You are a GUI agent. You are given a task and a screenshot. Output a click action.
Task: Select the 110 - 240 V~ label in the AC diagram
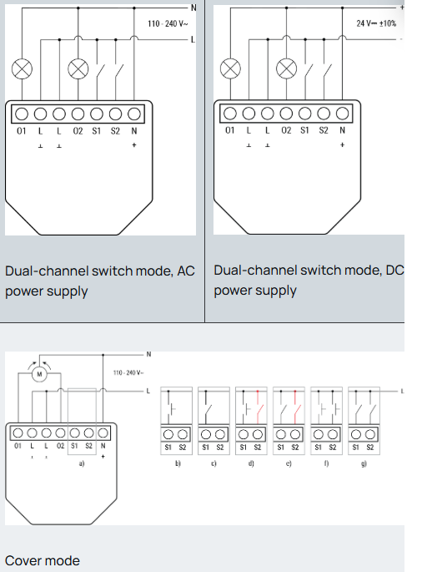[x=168, y=23]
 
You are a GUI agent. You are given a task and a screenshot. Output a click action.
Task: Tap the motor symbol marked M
[x=38, y=374]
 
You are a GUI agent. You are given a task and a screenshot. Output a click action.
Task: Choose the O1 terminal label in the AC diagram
[x=21, y=130]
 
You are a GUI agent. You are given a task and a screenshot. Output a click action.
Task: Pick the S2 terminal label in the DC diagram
[x=324, y=130]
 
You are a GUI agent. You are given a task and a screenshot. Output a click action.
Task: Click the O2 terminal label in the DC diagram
[x=286, y=130]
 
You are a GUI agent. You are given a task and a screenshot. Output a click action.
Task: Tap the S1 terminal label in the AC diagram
[x=96, y=130]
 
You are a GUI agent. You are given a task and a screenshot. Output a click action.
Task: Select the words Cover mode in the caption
[x=43, y=559]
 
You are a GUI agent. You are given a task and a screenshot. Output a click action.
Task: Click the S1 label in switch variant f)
[x=318, y=448]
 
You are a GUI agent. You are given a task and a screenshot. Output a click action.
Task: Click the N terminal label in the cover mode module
[x=103, y=446]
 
